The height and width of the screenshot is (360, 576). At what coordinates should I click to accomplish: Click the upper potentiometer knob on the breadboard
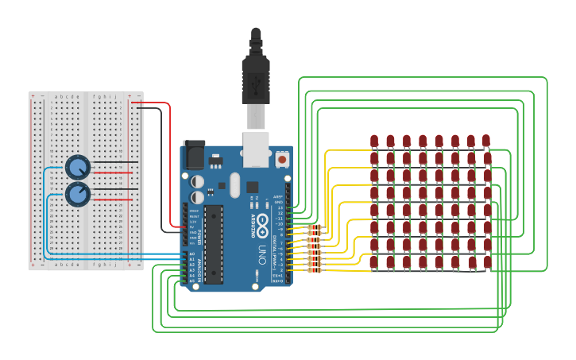[77, 167]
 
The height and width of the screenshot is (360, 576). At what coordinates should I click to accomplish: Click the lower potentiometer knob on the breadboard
[77, 194]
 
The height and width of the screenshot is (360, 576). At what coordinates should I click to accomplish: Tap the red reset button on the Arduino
[282, 160]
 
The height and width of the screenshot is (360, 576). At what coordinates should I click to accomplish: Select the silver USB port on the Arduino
[255, 150]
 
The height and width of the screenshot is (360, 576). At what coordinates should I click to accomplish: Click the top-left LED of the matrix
[374, 141]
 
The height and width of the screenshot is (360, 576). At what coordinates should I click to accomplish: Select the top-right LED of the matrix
[487, 141]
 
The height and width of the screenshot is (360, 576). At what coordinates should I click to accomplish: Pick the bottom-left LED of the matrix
[374, 261]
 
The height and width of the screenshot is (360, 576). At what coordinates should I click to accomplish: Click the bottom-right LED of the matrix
[487, 261]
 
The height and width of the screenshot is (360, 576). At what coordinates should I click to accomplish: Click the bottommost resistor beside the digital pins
[315, 269]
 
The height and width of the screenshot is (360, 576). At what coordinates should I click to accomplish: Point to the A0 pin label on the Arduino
[191, 255]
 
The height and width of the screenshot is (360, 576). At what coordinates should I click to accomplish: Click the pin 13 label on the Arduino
[279, 207]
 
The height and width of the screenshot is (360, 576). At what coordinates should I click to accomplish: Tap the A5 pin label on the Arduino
[191, 281]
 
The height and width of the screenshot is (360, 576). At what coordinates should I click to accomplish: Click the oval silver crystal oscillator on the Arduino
[234, 187]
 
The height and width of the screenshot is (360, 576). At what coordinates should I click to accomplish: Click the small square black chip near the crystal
[253, 188]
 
